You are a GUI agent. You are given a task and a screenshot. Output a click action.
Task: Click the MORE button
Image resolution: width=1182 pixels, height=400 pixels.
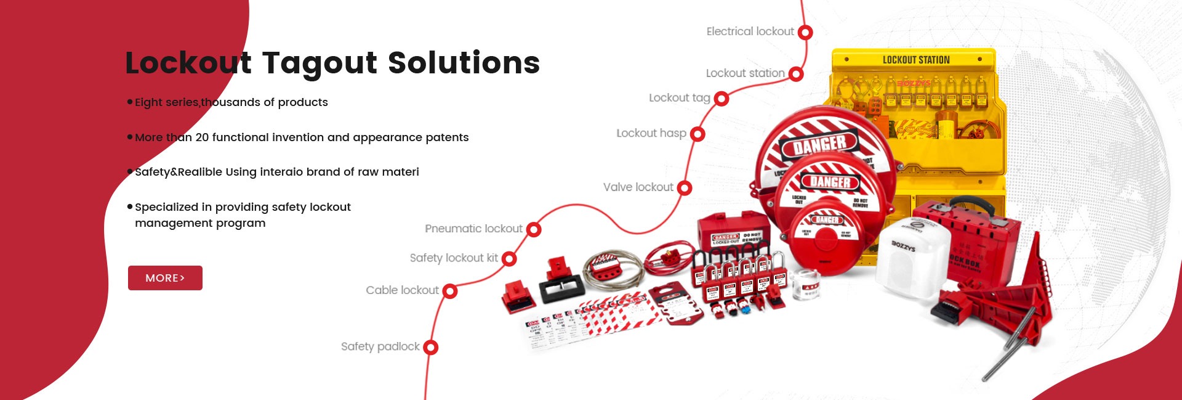(x=165, y=278)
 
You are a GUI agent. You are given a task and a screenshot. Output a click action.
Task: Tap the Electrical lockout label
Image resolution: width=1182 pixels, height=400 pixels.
(x=750, y=31)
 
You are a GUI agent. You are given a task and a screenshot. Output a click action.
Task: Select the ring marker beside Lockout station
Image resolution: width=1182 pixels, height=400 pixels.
(x=796, y=74)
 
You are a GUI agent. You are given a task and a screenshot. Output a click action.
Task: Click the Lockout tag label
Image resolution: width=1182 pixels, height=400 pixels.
(x=679, y=98)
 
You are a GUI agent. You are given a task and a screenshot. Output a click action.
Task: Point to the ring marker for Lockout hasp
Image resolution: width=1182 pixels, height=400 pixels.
(x=698, y=134)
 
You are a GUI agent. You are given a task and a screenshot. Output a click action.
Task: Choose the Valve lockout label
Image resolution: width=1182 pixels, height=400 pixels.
(x=638, y=187)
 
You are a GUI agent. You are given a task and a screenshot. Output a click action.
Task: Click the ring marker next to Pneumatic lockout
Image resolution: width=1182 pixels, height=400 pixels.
(x=534, y=230)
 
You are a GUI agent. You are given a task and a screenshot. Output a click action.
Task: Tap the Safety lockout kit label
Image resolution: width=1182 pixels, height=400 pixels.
(x=454, y=258)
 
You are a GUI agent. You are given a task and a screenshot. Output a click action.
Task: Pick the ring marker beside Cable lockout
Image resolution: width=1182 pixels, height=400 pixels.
(x=450, y=291)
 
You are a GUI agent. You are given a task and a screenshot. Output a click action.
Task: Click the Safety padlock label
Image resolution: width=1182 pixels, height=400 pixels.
(x=380, y=347)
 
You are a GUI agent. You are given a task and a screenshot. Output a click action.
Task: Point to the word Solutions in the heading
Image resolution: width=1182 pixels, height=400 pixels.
(x=464, y=63)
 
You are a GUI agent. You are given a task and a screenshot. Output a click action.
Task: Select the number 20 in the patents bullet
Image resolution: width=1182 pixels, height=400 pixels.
(x=202, y=137)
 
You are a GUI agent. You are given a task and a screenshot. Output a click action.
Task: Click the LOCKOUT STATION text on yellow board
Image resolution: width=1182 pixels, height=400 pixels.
(x=916, y=60)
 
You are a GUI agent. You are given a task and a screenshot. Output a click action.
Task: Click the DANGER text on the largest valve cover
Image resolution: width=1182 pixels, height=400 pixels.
(x=819, y=145)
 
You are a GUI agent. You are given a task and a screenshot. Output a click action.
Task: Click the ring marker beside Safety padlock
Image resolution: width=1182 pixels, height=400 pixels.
(x=431, y=348)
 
